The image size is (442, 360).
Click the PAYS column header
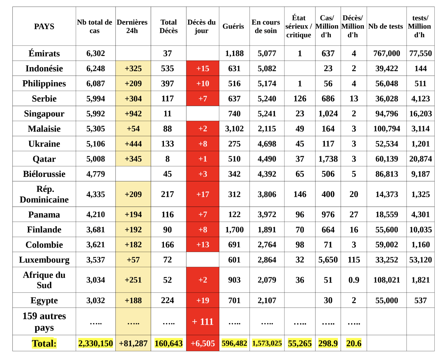point(44,26)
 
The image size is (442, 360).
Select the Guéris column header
point(233,26)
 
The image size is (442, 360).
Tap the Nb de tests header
point(385,26)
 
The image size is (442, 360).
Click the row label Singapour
point(44,114)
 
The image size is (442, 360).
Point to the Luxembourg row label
point(44,260)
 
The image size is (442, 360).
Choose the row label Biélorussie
point(44,174)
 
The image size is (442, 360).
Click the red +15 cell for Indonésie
point(203,68)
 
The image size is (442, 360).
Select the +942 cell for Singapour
point(133,114)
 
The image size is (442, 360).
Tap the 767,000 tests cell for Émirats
point(386,53)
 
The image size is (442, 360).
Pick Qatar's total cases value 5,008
point(95,159)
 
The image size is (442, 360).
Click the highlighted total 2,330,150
point(95,343)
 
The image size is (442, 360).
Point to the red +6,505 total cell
point(203,343)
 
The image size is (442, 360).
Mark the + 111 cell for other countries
point(203,322)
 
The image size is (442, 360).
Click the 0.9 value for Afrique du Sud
point(354,280)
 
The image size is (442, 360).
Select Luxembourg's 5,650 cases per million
point(328,260)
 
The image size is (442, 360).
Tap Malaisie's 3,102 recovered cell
point(234,129)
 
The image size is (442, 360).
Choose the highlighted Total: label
point(44,343)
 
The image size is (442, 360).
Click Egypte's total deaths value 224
point(167,300)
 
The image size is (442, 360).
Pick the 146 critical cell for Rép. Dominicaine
point(300,194)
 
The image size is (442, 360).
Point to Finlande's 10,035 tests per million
point(420,230)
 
